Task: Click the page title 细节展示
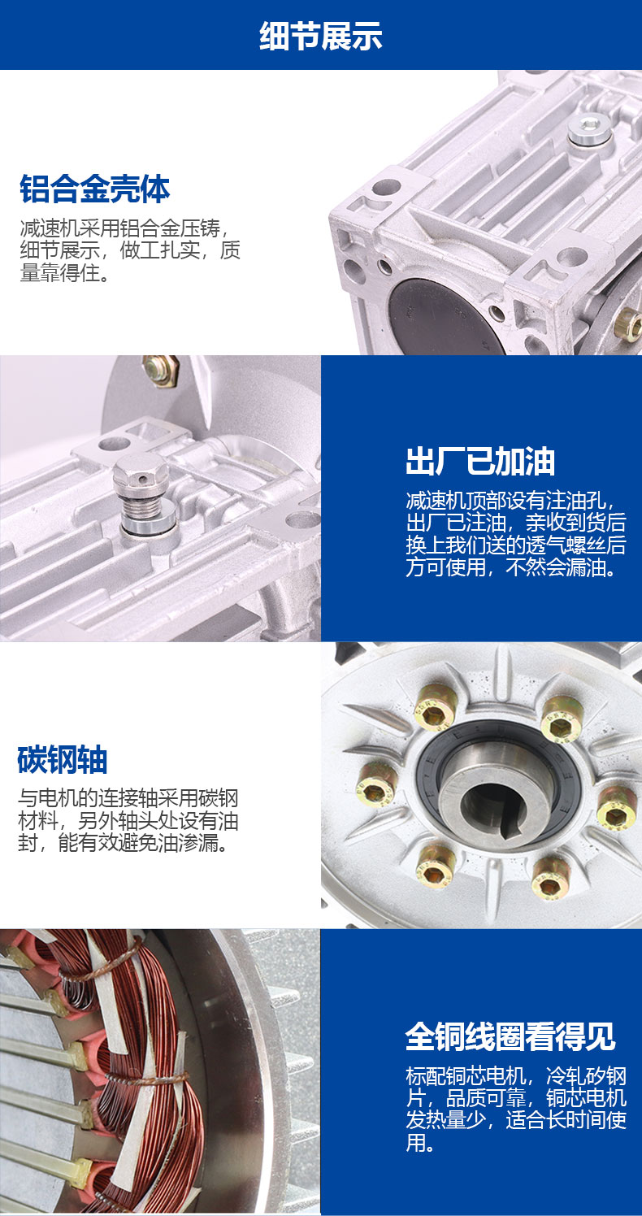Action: click(x=321, y=36)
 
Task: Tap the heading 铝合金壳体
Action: click(x=95, y=189)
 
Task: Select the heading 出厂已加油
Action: click(x=480, y=462)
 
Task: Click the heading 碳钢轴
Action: click(x=63, y=759)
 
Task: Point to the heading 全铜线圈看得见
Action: click(x=510, y=1036)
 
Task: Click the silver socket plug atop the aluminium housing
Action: click(x=588, y=129)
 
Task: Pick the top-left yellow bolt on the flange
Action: click(x=434, y=706)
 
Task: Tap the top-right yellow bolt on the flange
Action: click(x=562, y=719)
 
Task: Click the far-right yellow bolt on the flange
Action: click(x=617, y=808)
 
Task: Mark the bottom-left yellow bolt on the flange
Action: click(x=436, y=866)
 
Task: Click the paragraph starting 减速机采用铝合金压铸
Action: click(x=130, y=250)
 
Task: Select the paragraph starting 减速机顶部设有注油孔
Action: click(x=516, y=534)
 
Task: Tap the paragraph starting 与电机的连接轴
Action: click(x=128, y=820)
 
